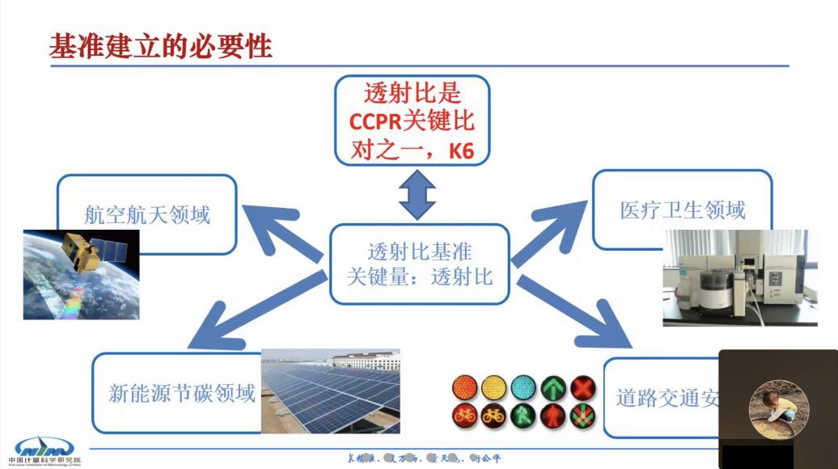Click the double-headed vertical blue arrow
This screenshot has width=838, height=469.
pyautogui.click(x=417, y=194)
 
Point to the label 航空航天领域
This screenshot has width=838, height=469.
pyautogui.click(x=147, y=214)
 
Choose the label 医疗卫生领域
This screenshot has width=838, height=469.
pyautogui.click(x=682, y=210)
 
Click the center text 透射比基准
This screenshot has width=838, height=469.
pyautogui.click(x=420, y=251)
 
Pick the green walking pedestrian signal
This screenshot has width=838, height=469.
pyautogui.click(x=523, y=416)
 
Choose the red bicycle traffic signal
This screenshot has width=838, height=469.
pyautogui.click(x=463, y=416)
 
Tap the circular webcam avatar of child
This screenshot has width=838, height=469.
pyautogui.click(x=778, y=409)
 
